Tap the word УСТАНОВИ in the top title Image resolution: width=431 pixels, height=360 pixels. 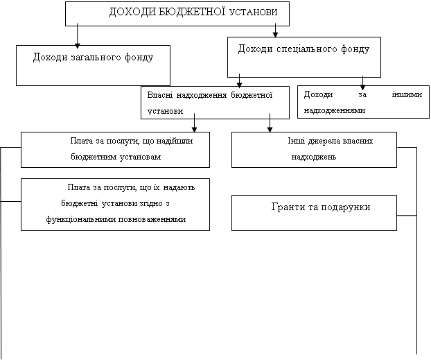click(253, 12)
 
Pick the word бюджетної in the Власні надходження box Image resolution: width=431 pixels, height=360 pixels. click(252, 95)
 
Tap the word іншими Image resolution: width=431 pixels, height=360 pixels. click(407, 94)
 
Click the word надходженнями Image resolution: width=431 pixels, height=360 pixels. click(335, 110)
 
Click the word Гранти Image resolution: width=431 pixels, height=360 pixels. click(286, 207)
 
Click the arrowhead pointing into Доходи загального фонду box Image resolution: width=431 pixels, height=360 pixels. click(78, 46)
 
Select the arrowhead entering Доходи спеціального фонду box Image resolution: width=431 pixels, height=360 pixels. click(275, 35)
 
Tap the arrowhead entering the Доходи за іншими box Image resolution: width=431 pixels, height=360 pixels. click(362, 87)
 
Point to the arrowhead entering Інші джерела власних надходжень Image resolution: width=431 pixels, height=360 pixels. click(270, 129)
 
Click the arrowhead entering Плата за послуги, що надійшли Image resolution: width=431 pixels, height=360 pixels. click(194, 129)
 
